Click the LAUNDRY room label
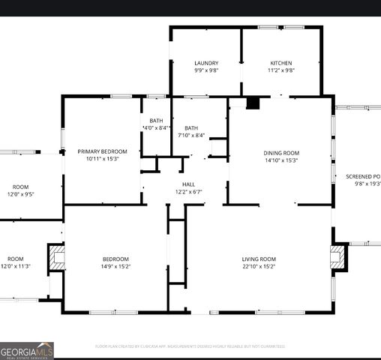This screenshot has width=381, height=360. point(206,63)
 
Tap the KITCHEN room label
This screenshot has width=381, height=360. point(281,63)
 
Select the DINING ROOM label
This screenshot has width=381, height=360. point(281,152)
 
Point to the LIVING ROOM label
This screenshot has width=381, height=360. point(259,259)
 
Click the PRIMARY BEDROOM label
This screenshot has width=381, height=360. point(102,151)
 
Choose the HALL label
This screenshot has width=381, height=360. point(188,184)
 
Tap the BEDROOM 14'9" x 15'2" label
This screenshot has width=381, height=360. point(116,259)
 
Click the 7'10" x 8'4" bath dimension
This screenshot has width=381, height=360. point(191,135)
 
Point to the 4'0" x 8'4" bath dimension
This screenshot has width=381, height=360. point(157,128)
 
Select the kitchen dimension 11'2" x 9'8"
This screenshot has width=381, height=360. point(281,70)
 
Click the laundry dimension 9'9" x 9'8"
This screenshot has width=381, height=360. point(206,70)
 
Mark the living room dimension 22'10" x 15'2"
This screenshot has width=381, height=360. point(259,266)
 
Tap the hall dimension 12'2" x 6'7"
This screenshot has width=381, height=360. point(188,191)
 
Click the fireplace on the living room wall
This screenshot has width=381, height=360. point(337,258)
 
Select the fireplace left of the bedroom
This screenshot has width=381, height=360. point(57,258)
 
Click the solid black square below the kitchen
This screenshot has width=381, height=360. point(253,103)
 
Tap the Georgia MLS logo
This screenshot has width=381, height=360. point(27,350)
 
